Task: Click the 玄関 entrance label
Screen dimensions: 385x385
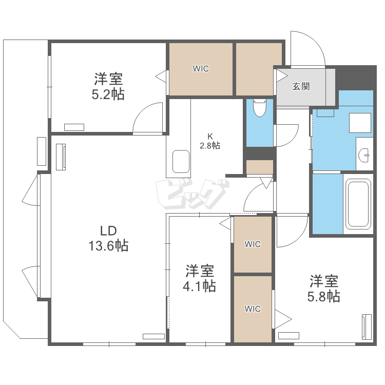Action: (x=301, y=86)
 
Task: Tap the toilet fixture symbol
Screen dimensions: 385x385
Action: (x=260, y=108)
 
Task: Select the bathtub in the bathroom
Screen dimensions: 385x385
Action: (x=358, y=204)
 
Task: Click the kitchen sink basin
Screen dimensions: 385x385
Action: (x=181, y=162)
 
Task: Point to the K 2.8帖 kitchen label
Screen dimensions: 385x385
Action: (x=209, y=141)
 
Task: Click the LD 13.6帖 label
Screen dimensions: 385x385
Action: (x=108, y=238)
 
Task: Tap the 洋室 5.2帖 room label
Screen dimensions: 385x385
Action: (x=108, y=86)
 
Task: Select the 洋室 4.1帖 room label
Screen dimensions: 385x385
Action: (x=199, y=278)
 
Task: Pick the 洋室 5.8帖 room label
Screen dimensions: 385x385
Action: (x=324, y=288)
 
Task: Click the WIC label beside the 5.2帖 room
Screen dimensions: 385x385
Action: (x=201, y=68)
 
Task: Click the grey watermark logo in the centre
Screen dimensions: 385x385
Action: (x=192, y=194)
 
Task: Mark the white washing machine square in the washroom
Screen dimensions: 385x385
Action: (x=360, y=123)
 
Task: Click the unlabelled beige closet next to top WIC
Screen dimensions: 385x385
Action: (x=259, y=69)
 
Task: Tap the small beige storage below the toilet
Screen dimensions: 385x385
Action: (x=260, y=167)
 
